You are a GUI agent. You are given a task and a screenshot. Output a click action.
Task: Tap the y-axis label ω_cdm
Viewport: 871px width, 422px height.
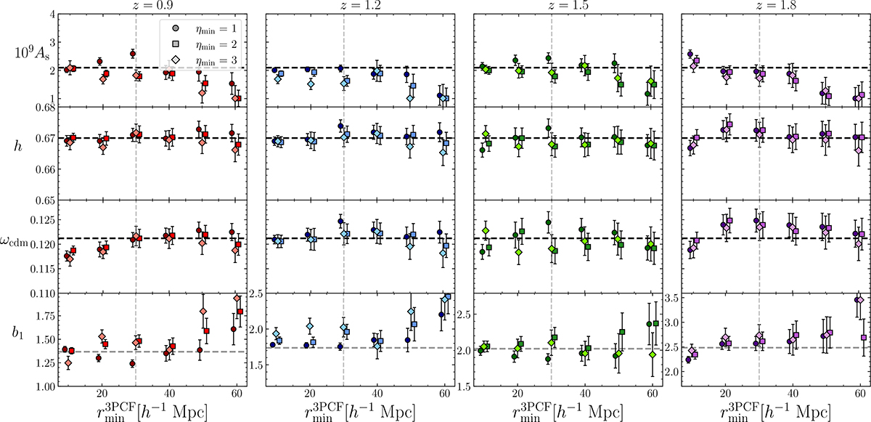(25, 243)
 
